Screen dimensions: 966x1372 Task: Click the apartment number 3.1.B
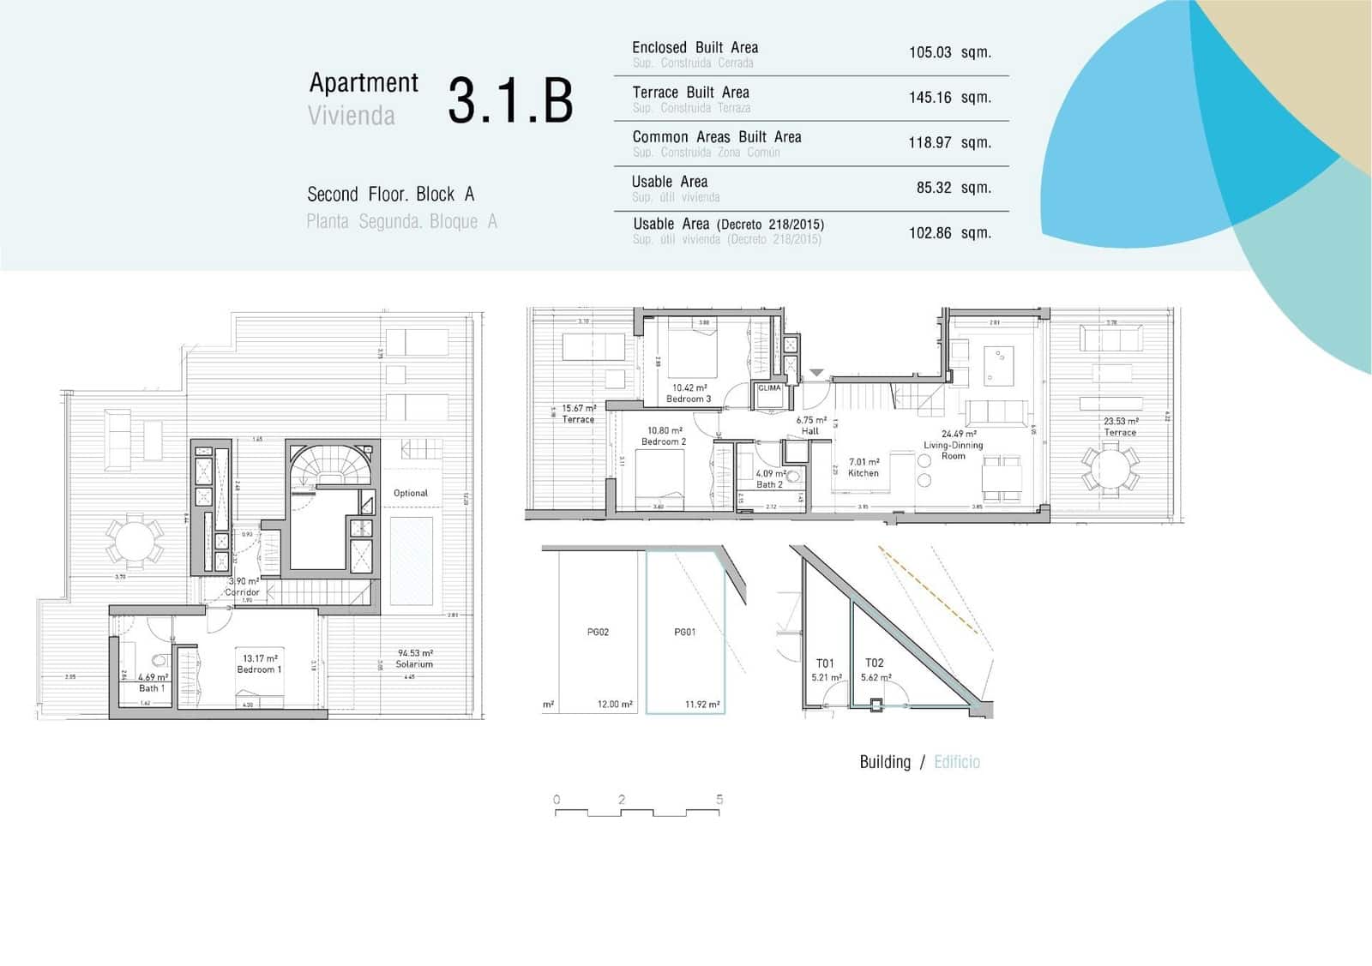pyautogui.click(x=510, y=100)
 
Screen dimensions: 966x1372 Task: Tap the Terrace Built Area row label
pyautogui.click(x=690, y=93)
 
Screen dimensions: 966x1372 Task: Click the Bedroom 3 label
pyautogui.click(x=689, y=399)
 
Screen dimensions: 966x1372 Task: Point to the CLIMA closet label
pyautogui.click(x=769, y=388)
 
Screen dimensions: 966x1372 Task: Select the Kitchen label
pyautogui.click(x=864, y=473)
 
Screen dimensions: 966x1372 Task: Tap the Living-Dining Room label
pyautogui.click(x=953, y=450)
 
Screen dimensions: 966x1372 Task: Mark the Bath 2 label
pyautogui.click(x=769, y=484)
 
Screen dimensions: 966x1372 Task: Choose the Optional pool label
pyautogui.click(x=410, y=493)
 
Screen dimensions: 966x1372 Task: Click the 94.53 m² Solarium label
pyautogui.click(x=414, y=664)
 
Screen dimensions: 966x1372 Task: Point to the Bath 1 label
pyautogui.click(x=151, y=688)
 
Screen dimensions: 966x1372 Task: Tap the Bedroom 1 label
pyautogui.click(x=258, y=669)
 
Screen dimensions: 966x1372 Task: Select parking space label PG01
pyautogui.click(x=684, y=633)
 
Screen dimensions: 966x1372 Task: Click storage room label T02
pyautogui.click(x=874, y=663)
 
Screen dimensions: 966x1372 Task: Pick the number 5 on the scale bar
pyautogui.click(x=719, y=799)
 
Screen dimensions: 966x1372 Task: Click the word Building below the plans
pyautogui.click(x=884, y=762)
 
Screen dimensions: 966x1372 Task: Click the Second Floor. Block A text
pyautogui.click(x=390, y=195)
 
